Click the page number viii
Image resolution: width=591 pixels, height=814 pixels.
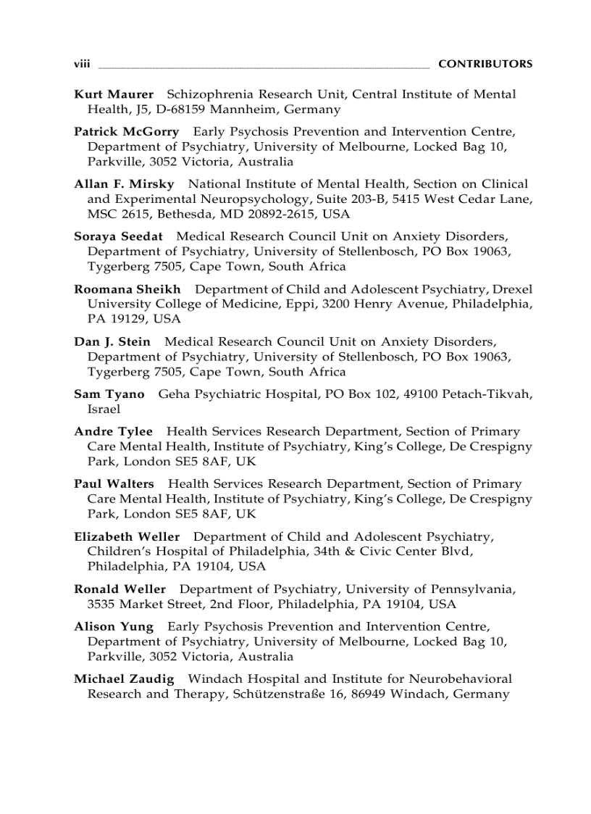coord(82,64)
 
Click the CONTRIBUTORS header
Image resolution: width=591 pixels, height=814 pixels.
coord(485,64)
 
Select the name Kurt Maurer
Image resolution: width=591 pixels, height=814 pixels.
coord(114,94)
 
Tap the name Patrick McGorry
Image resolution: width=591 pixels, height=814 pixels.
coord(126,132)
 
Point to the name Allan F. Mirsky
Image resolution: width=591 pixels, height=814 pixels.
coord(124,184)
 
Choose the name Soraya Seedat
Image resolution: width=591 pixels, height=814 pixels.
coord(118,236)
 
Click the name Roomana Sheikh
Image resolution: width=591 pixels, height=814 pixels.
coord(127,289)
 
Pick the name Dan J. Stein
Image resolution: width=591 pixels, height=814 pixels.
coord(112,341)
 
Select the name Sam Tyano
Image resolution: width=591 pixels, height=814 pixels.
coord(109,394)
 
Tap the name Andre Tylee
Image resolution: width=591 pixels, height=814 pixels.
coord(114,431)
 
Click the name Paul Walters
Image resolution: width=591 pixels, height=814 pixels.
coord(114,483)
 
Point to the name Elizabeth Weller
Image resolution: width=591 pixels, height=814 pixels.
coord(127,537)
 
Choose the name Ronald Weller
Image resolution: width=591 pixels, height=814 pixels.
coord(120,589)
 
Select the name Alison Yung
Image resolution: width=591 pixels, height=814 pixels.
coord(114,626)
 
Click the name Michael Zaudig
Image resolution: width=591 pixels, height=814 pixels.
coord(124,679)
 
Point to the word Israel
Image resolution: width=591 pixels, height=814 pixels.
coord(104,409)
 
